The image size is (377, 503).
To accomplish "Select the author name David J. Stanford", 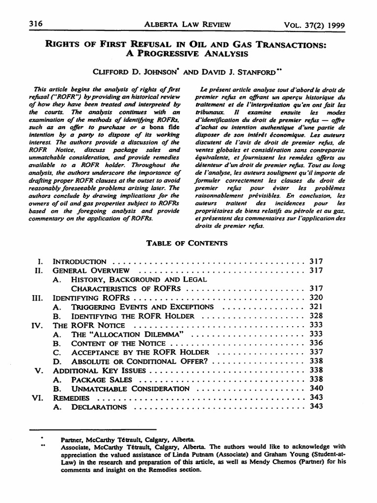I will pos(240,71).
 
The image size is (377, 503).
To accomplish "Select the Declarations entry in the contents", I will pos(99,407).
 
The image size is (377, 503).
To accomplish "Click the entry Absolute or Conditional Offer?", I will pos(141,361).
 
